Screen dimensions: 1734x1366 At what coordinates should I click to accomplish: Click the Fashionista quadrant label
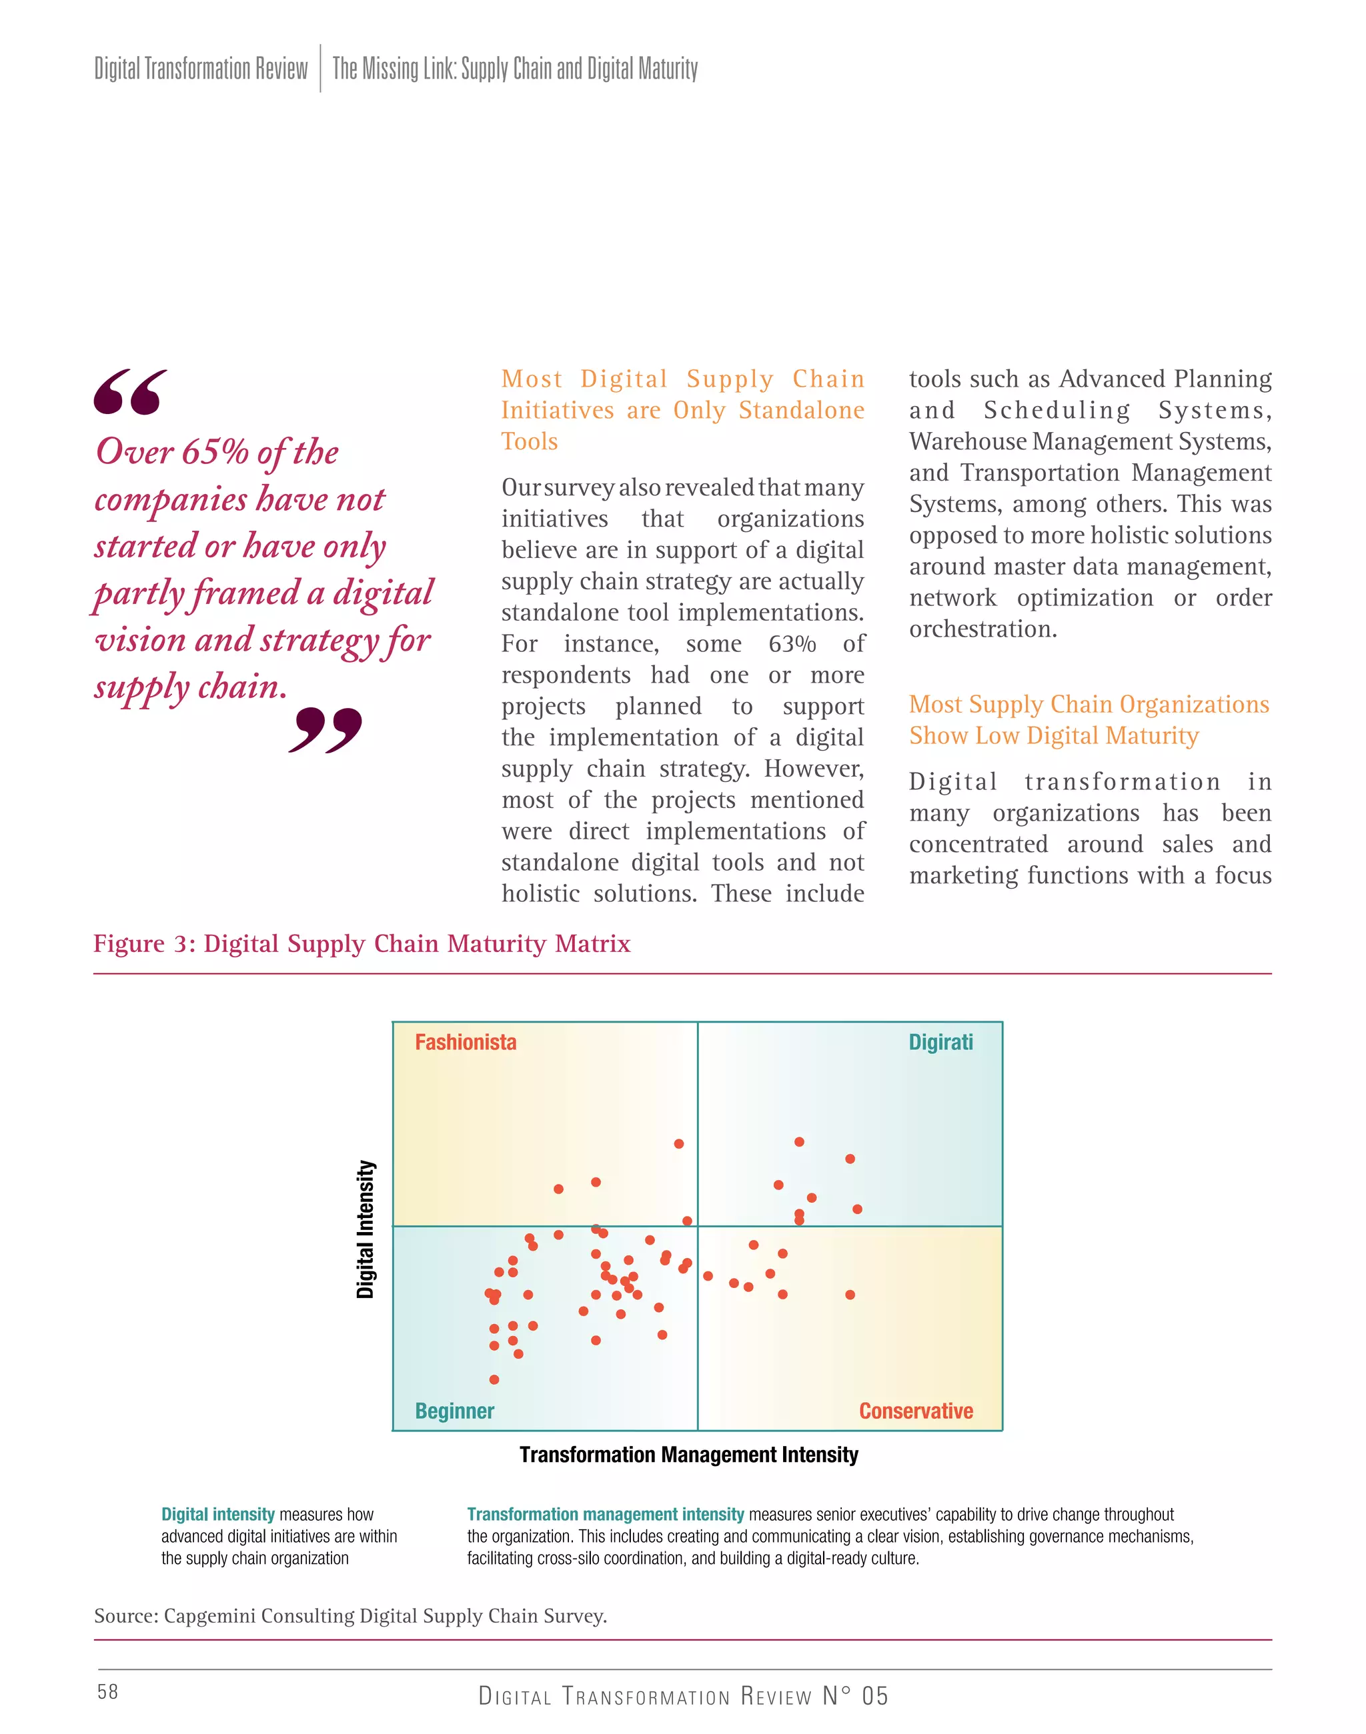(466, 1042)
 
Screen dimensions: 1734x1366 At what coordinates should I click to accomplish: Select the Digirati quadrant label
(940, 1042)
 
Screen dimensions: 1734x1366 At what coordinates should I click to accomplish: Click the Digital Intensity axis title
(366, 1229)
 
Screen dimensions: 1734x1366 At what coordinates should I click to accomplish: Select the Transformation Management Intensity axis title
(688, 1454)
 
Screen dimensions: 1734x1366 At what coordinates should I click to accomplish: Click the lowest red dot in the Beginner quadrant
(494, 1379)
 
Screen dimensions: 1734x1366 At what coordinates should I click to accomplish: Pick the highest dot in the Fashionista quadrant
(679, 1144)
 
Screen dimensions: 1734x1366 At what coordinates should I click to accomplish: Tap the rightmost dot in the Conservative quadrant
(850, 1294)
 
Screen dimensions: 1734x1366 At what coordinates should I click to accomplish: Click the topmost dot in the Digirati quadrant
(799, 1141)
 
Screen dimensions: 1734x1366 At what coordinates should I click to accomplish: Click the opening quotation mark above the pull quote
(130, 392)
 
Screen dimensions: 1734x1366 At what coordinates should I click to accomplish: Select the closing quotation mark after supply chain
(325, 729)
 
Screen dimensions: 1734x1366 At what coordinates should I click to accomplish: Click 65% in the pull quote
(214, 453)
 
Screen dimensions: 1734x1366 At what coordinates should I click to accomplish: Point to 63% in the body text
(792, 643)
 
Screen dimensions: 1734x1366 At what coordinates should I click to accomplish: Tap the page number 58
(107, 1691)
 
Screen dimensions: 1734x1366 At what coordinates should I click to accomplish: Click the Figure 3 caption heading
(362, 943)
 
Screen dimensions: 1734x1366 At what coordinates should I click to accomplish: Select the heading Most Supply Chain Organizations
(1089, 704)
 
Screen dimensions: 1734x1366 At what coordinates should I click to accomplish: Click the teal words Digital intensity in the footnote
(217, 1514)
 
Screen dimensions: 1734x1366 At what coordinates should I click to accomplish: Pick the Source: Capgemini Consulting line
(350, 1616)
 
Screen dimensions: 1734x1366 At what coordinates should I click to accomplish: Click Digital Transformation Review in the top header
(201, 69)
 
